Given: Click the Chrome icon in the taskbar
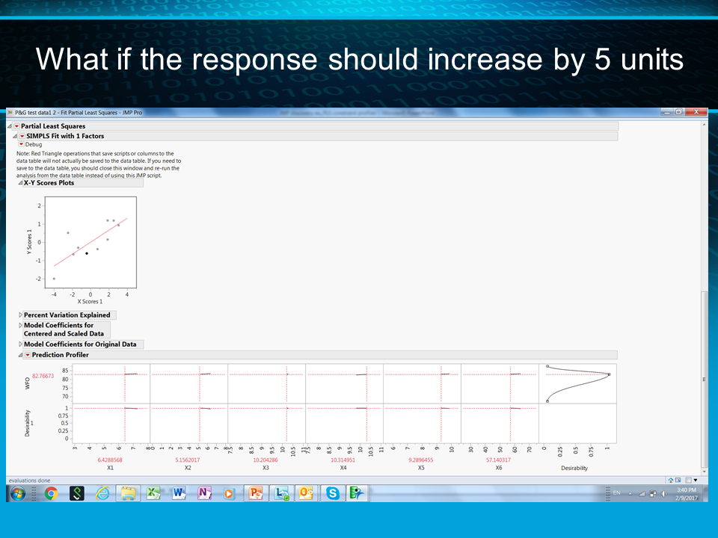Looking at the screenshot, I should coord(51,493).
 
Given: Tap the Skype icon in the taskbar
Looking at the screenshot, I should coord(332,493).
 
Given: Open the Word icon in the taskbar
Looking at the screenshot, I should coord(178,493).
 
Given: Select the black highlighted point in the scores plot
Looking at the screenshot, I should coord(87,253).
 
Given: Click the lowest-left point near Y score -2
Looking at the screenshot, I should coord(54,279).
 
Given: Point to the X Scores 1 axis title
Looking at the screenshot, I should coord(90,301).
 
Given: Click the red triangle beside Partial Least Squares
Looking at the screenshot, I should coord(16,126).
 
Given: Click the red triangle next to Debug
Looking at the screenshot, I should coord(22,144).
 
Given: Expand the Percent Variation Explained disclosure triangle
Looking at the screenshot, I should coord(20,315).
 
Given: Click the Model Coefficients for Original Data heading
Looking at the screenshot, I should coord(80,344).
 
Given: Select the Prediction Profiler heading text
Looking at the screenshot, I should coord(60,355).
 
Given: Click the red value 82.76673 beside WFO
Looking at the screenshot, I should coord(43,376).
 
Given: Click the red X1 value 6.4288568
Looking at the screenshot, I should coord(110,460).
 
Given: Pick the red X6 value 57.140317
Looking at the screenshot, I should coord(498,460).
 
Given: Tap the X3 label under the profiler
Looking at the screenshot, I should coord(266,468).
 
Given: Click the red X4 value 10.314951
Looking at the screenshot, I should coord(343,460).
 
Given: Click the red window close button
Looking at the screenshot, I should coord(697,112).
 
